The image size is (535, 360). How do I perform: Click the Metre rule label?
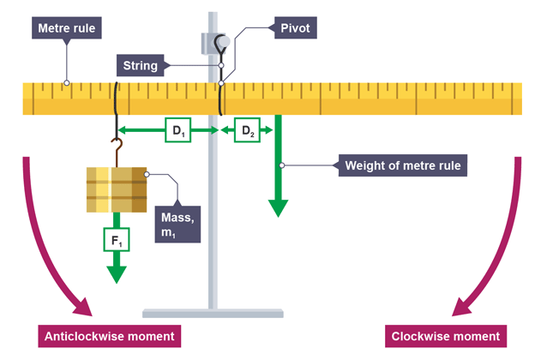(x=69, y=28)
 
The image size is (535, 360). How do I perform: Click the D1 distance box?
(x=175, y=132)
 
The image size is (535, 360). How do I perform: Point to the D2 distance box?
(x=247, y=132)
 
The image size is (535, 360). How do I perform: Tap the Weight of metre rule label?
(x=403, y=165)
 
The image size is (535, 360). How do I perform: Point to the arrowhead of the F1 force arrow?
(x=114, y=273)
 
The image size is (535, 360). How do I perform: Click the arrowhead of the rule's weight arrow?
(x=278, y=207)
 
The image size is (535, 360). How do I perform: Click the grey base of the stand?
(x=213, y=313)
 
